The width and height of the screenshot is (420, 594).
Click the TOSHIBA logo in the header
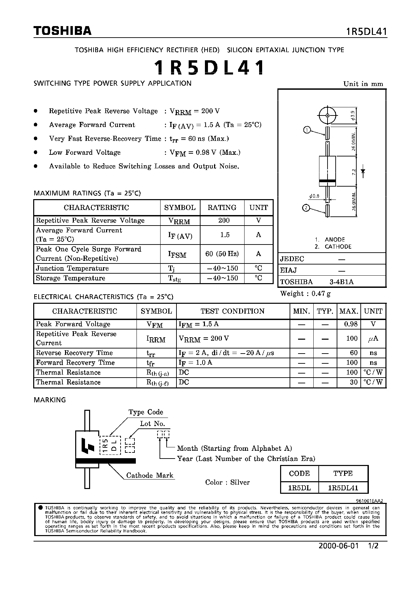click(62, 31)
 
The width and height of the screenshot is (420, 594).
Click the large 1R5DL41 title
click(209, 68)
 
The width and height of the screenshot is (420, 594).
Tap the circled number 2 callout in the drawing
click(306, 208)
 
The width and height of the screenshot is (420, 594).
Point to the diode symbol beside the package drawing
click(363, 172)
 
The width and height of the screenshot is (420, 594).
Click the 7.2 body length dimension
click(354, 172)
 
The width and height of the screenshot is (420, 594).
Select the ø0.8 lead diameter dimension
click(314, 196)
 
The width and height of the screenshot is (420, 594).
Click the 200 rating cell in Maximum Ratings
click(224, 220)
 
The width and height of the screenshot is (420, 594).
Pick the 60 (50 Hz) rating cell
click(222, 254)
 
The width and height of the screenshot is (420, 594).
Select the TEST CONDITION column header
click(232, 311)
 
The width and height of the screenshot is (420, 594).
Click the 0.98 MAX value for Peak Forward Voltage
click(351, 324)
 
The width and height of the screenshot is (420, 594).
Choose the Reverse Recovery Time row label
click(74, 353)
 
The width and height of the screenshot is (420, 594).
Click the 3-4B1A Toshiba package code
click(341, 282)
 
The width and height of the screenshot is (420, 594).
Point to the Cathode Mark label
click(149, 475)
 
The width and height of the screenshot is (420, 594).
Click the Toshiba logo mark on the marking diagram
click(87, 446)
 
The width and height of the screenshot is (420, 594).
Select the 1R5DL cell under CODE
click(299, 488)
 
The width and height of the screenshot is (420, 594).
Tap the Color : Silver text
click(227, 482)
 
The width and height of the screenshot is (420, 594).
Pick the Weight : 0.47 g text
click(305, 294)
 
